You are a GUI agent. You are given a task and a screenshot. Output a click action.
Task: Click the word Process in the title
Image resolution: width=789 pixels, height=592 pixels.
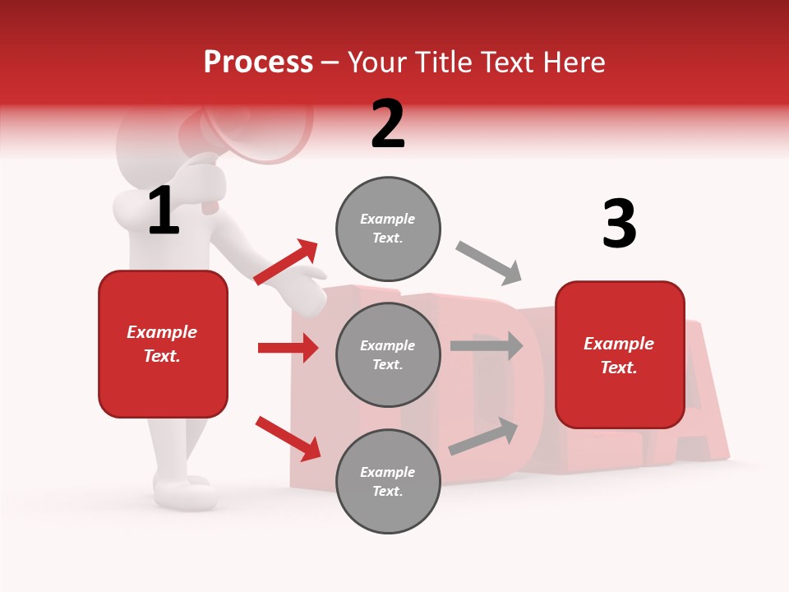pyautogui.click(x=258, y=62)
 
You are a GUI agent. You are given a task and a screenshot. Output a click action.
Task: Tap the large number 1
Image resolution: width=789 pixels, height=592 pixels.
pyautogui.click(x=164, y=211)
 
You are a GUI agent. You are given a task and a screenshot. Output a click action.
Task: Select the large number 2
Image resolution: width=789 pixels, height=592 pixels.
pyautogui.click(x=388, y=124)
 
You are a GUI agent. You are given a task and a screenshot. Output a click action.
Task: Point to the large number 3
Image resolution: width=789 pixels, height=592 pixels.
pyautogui.click(x=619, y=224)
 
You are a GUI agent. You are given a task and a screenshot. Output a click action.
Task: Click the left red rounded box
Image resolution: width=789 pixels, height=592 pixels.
pyautogui.click(x=163, y=344)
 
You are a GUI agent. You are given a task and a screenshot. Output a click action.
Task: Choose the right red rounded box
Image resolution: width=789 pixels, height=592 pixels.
pyautogui.click(x=620, y=355)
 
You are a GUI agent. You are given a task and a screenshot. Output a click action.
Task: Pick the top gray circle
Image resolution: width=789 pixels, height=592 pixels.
pyautogui.click(x=388, y=229)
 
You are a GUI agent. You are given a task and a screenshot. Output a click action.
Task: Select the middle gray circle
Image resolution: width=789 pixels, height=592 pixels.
pyautogui.click(x=388, y=354)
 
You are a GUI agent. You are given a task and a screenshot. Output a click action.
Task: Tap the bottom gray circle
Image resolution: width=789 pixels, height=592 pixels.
pyautogui.click(x=388, y=481)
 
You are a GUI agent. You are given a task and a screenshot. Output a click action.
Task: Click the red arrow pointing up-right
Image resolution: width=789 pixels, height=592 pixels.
pyautogui.click(x=286, y=262)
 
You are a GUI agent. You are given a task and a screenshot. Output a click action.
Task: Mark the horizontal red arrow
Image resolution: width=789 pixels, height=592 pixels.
pyautogui.click(x=288, y=348)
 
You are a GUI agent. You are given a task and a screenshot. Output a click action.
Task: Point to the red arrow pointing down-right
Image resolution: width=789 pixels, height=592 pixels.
pyautogui.click(x=288, y=438)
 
